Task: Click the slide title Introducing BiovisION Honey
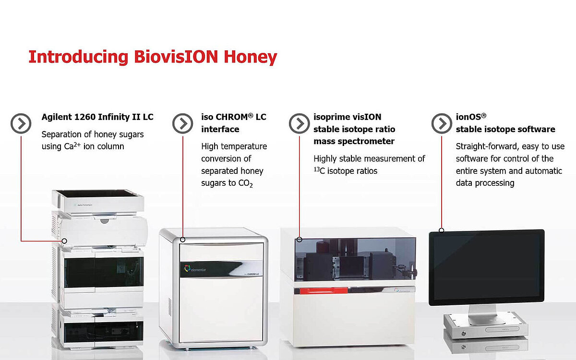coord(153,57)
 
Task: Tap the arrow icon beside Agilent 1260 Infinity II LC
coord(21,124)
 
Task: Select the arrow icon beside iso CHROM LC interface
coord(182,124)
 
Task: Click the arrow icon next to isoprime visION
coord(300,124)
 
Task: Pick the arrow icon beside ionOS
coord(442,124)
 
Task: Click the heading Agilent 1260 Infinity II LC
coord(97,117)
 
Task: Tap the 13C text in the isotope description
coord(321,171)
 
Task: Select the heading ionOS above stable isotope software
coord(471,117)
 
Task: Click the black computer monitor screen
coord(486,267)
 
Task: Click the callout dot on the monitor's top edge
coord(442,230)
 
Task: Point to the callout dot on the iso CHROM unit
coord(182,239)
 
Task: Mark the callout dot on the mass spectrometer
coord(299,239)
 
